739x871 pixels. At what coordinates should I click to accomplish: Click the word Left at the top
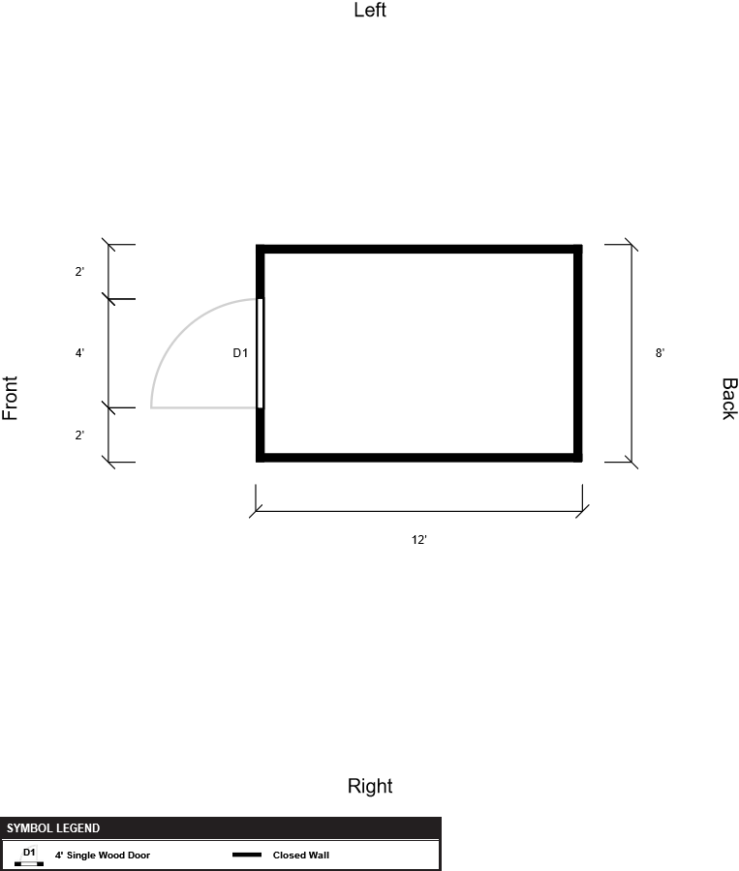click(370, 11)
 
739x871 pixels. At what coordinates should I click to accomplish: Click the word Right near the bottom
click(370, 786)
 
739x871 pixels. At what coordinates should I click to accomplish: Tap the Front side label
click(11, 398)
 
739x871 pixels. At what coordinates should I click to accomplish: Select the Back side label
click(728, 398)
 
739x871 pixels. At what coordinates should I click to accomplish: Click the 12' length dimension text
click(418, 541)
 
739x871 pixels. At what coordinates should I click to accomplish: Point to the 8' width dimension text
click(660, 353)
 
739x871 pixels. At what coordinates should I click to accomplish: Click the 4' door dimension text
click(79, 353)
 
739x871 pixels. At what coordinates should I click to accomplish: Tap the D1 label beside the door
click(240, 353)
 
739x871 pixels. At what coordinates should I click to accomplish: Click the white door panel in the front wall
click(260, 353)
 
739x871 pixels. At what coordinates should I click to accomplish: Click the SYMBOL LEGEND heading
click(53, 828)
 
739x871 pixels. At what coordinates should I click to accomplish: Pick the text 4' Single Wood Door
click(103, 856)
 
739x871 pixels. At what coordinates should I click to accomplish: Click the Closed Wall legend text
click(301, 856)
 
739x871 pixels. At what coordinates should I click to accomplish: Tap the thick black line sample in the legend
click(247, 856)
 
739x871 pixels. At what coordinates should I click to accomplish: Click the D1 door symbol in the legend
click(29, 856)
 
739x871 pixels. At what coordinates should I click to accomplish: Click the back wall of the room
click(578, 353)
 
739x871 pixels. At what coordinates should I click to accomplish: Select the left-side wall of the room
click(418, 249)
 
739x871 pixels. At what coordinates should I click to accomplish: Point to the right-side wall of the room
click(418, 457)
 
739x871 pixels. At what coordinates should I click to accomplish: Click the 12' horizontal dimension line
click(418, 512)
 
